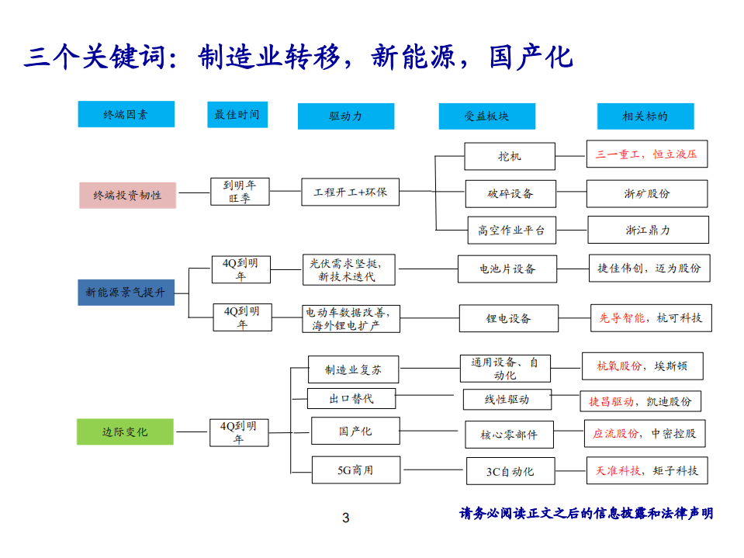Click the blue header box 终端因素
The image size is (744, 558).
[x=126, y=115]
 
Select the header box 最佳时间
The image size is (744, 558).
[x=237, y=114]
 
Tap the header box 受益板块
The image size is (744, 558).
[x=486, y=116]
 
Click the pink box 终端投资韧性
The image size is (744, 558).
[x=127, y=196]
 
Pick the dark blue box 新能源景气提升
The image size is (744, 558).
[x=126, y=293]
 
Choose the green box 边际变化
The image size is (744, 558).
[x=125, y=431]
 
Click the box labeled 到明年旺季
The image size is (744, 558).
[x=239, y=191]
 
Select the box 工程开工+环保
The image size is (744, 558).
[x=350, y=191]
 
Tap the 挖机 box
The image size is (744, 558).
[x=510, y=156]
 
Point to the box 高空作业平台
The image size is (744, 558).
[x=511, y=230]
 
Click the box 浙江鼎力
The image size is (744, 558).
[x=648, y=230]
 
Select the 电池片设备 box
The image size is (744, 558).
[x=507, y=269]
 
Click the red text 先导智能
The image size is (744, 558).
[x=621, y=317]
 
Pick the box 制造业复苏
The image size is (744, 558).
[x=354, y=369]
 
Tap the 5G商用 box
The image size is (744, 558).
[x=355, y=470]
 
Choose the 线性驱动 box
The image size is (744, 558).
[x=507, y=399]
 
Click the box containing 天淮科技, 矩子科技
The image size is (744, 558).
[x=647, y=470]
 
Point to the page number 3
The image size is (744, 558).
[x=346, y=518]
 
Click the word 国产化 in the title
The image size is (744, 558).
[x=531, y=56]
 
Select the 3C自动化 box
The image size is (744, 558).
[x=510, y=471]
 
